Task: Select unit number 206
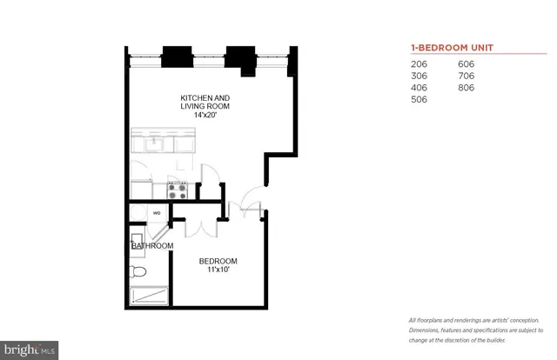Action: click(419, 64)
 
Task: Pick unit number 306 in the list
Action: click(419, 77)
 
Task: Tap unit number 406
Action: click(419, 88)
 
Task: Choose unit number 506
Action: click(419, 100)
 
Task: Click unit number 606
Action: click(467, 64)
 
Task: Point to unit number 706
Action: click(467, 77)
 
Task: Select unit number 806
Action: click(467, 88)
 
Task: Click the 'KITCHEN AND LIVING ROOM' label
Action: click(205, 102)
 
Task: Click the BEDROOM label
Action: click(218, 262)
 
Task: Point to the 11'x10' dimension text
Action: click(218, 271)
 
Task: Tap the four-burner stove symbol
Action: click(178, 189)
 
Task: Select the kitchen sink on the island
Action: click(153, 142)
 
